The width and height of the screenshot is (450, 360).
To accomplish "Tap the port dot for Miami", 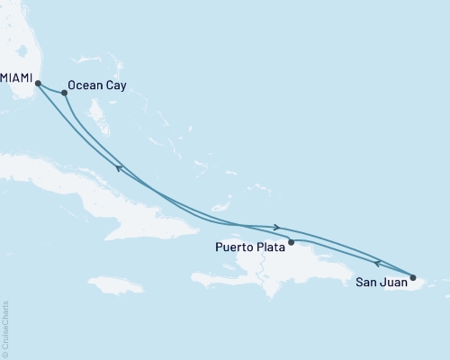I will click(39, 85).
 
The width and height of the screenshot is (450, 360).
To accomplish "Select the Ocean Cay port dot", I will click(64, 93).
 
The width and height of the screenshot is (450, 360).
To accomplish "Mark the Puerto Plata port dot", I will click(291, 239).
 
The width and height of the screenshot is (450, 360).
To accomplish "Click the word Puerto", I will click(236, 245).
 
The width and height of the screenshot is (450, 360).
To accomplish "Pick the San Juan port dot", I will click(413, 277).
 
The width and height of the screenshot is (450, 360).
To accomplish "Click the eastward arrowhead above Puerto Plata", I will click(277, 228).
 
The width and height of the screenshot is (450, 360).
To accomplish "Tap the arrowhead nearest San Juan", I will click(379, 263).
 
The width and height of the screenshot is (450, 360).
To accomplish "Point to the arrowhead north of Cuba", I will click(120, 167).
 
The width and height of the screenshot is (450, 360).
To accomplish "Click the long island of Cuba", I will click(117, 202).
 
